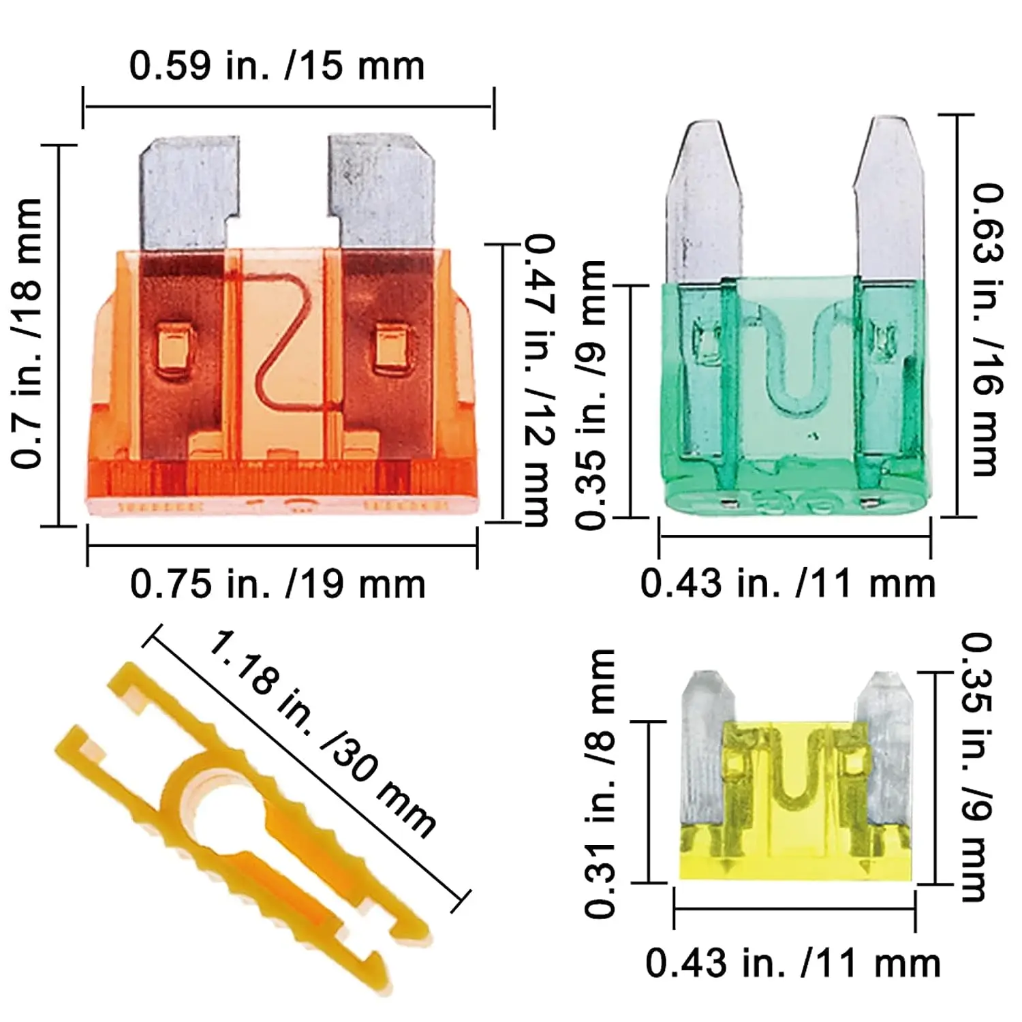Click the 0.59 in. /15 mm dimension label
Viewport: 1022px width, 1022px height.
click(x=277, y=66)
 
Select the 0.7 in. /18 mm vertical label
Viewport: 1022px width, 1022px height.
click(x=28, y=333)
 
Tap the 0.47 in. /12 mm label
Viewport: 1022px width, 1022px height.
click(x=538, y=380)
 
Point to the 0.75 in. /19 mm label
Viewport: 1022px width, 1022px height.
click(x=277, y=584)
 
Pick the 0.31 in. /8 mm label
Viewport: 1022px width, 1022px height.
click(x=600, y=784)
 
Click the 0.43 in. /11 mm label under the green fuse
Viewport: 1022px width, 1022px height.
click(x=788, y=584)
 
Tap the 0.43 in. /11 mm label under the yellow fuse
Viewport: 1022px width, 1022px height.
click(x=792, y=963)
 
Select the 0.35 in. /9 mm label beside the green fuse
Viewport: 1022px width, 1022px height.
click(x=590, y=395)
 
